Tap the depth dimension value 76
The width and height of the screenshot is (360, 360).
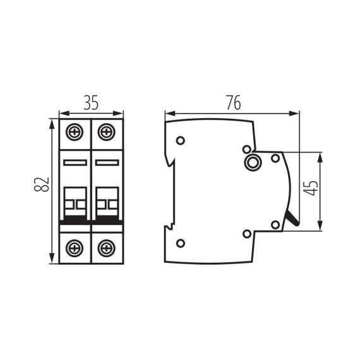(x=232, y=103)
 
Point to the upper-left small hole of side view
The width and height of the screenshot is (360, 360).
(x=181, y=140)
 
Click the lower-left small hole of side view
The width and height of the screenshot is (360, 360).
(x=181, y=243)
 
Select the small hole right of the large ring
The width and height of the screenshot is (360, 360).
(x=275, y=158)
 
